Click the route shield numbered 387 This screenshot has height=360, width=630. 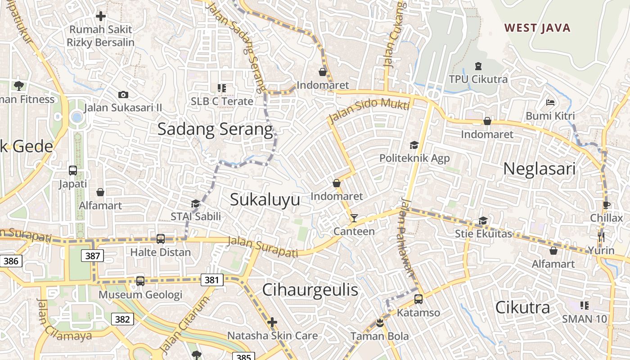(93, 256)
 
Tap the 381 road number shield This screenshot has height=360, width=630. (211, 280)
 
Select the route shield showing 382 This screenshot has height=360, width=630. (122, 319)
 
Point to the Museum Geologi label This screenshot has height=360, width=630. (140, 295)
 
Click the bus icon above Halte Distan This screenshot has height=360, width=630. (161, 239)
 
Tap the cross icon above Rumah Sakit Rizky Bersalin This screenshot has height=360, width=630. (101, 16)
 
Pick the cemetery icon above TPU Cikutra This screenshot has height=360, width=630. (478, 66)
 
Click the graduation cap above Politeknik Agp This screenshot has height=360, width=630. (414, 145)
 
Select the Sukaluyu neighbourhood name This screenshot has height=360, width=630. (265, 199)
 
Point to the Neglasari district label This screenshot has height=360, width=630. (539, 169)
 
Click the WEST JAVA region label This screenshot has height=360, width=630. (537, 28)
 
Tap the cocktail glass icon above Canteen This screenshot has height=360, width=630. (354, 218)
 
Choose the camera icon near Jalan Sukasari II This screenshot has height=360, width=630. (123, 94)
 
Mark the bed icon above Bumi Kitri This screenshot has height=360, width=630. (550, 103)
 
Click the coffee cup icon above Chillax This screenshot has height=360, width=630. (607, 205)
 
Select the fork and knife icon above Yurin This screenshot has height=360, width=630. (601, 237)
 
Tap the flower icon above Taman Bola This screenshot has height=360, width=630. (380, 323)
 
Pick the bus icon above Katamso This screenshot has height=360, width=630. (418, 299)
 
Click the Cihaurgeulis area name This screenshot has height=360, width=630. (310, 290)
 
